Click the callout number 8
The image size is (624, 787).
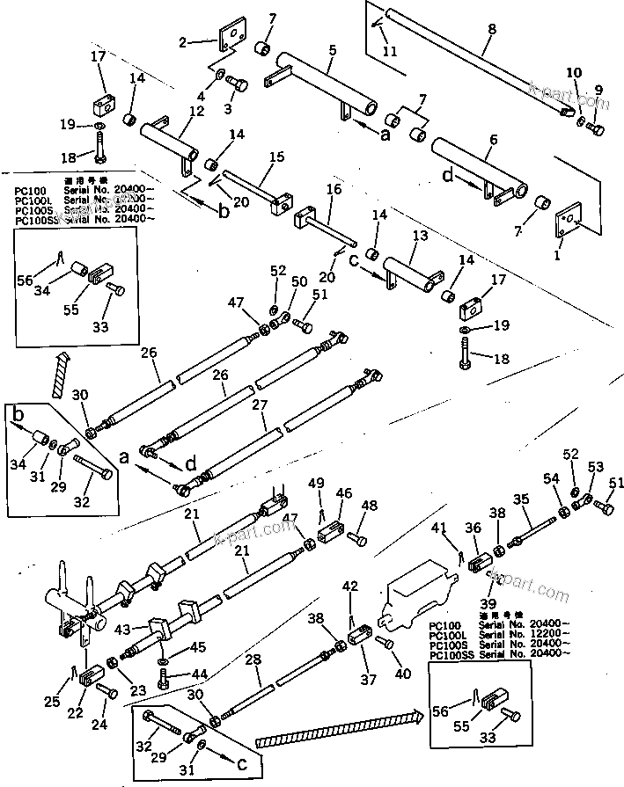pos(491,29)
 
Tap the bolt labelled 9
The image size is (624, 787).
pos(596,129)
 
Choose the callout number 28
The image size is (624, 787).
pos(254,659)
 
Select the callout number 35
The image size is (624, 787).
pos(522,499)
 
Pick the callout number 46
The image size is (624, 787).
pos(344,493)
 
